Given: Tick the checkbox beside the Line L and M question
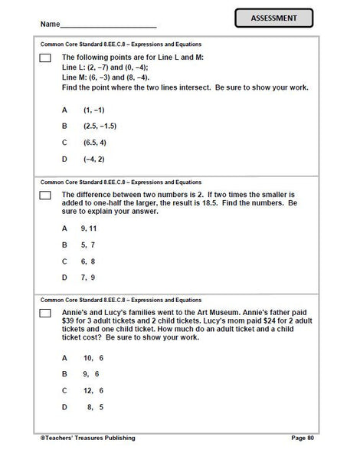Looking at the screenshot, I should pyautogui.click(x=44, y=58).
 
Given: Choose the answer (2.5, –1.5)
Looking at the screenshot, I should pyautogui.click(x=100, y=125).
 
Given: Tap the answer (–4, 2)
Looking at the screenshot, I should pyautogui.click(x=96, y=159).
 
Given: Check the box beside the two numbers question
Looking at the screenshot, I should pyautogui.click(x=44, y=196).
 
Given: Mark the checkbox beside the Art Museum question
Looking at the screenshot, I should pyautogui.click(x=44, y=314).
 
